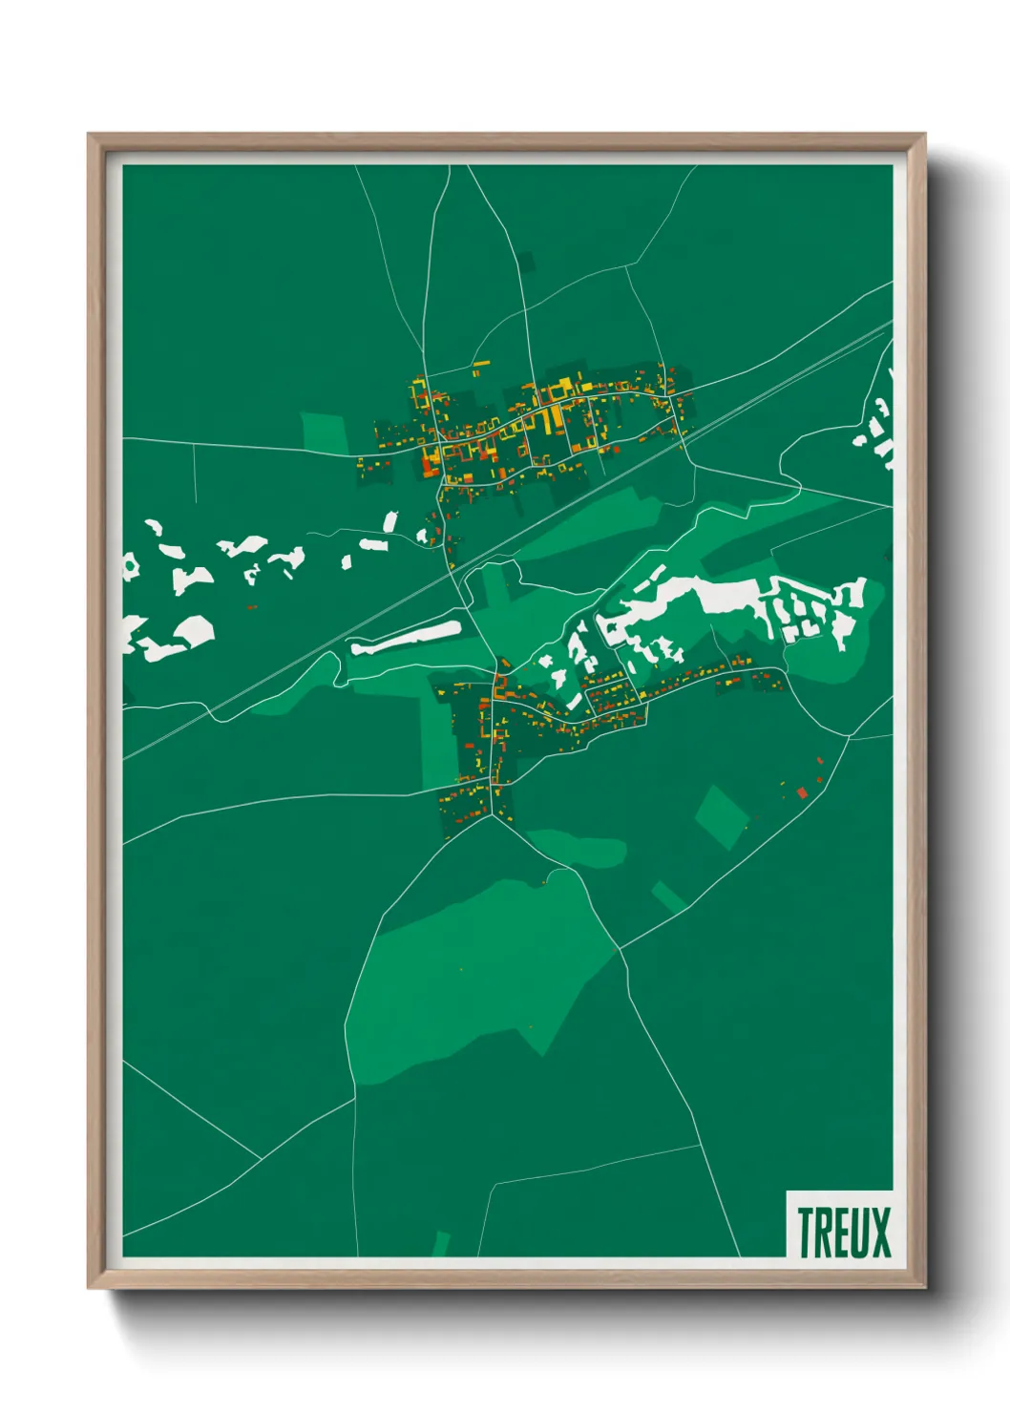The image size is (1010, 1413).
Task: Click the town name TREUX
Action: click(843, 1233)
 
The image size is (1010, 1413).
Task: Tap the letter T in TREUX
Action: click(806, 1233)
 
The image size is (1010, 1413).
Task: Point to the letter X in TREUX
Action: click(879, 1233)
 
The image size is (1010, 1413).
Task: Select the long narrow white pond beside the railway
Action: click(406, 637)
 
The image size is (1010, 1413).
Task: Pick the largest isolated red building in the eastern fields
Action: click(802, 791)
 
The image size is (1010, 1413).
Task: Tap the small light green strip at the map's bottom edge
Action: click(441, 1243)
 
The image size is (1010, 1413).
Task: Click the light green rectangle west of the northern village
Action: click(326, 432)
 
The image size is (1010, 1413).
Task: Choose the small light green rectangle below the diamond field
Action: click(668, 896)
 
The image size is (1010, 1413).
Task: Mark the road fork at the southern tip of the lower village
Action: click(492, 814)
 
